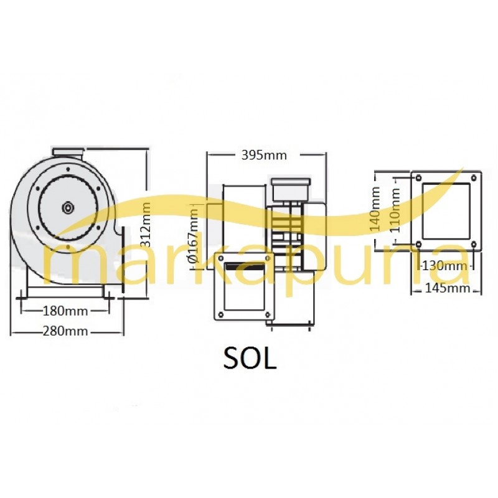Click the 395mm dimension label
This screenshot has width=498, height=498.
(x=264, y=155)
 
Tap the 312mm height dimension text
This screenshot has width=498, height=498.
(x=146, y=225)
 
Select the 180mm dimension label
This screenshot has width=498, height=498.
(x=65, y=311)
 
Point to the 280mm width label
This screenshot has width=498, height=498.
(x=65, y=331)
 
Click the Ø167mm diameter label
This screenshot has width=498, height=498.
(x=194, y=235)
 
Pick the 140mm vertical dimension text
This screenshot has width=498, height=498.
(x=375, y=209)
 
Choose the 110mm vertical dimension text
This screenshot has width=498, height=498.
(x=395, y=210)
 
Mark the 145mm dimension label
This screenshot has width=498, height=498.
(x=447, y=288)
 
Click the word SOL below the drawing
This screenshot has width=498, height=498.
(x=250, y=359)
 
